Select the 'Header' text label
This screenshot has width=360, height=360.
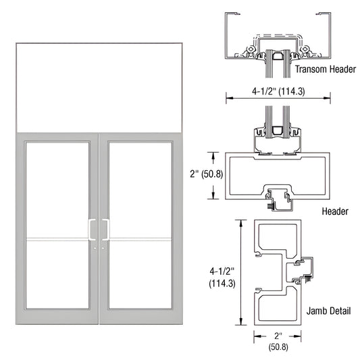click(334, 211)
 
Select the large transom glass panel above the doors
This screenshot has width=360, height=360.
click(99, 87)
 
